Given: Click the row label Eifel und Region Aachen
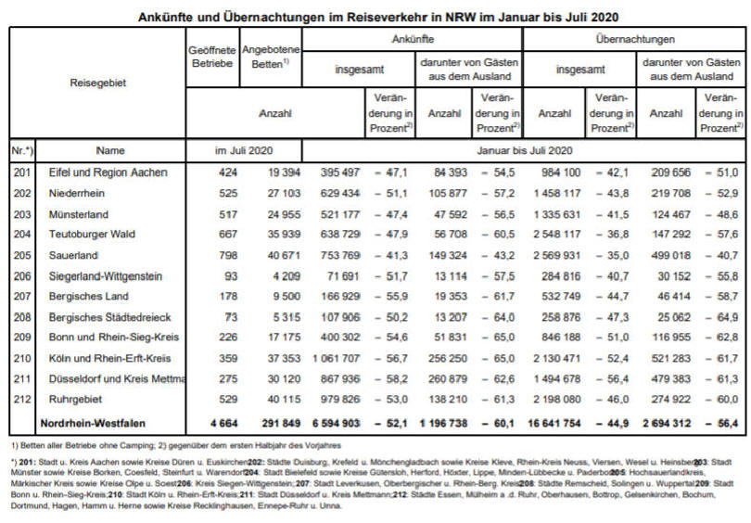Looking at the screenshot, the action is (108, 172).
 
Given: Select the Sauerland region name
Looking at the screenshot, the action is (73, 255).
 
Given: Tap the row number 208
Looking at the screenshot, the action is (22, 317).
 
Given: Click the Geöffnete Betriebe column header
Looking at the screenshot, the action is (212, 57).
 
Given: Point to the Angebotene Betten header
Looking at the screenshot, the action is (271, 57).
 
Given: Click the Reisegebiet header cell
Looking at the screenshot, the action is (97, 83).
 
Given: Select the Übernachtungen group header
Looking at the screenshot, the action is (634, 39).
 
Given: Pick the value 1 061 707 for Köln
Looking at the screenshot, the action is (336, 358).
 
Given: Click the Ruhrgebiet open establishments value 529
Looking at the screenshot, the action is (227, 399).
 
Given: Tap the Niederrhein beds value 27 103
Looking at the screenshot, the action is (284, 193).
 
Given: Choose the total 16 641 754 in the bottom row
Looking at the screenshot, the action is (554, 424).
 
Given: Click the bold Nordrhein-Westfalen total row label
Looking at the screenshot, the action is (93, 424).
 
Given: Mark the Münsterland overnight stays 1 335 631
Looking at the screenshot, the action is (557, 214).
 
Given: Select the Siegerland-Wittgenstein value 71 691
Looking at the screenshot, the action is (342, 276).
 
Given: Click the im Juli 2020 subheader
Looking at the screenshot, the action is (244, 150).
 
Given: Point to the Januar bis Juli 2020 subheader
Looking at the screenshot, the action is (525, 150).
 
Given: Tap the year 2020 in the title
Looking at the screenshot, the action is (605, 18).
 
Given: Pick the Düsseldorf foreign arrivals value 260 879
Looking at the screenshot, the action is (448, 379).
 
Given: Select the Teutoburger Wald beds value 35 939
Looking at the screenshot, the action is (284, 235).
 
